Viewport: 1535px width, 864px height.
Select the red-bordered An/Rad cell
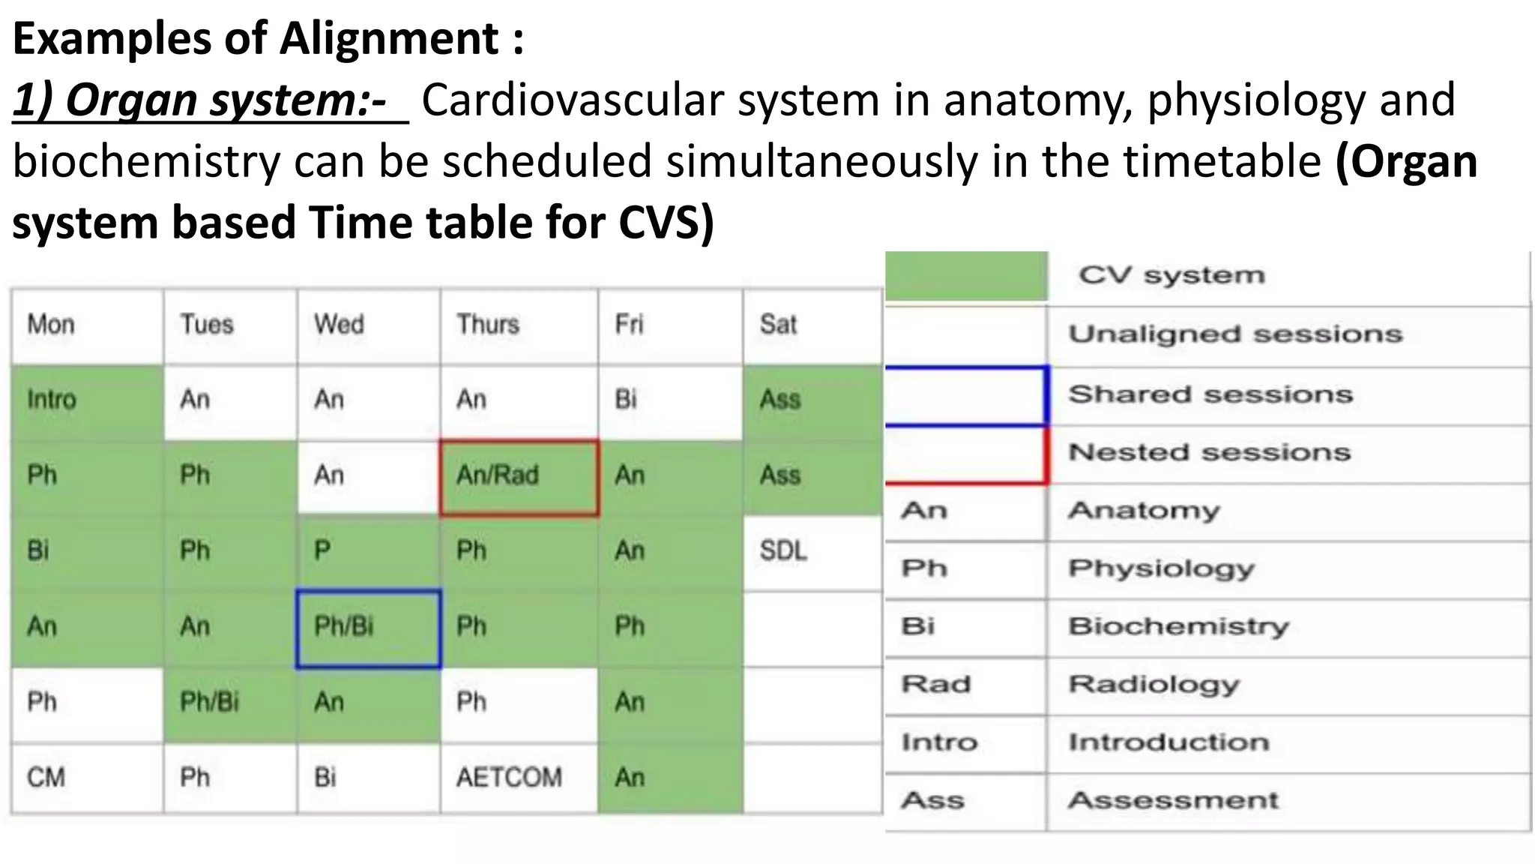tap(519, 477)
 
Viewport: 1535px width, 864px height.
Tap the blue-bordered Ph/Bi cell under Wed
tap(368, 628)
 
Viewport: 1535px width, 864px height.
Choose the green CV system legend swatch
tap(966, 276)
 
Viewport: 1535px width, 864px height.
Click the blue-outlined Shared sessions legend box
tap(966, 395)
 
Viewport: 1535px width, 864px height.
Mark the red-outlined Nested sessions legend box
tap(966, 454)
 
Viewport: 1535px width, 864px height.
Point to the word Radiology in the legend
tap(1154, 685)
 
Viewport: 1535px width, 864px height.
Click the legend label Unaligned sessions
tap(1235, 334)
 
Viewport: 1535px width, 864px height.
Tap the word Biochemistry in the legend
tap(1179, 626)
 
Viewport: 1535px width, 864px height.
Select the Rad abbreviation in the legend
tap(936, 685)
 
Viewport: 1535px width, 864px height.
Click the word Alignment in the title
tap(388, 39)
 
